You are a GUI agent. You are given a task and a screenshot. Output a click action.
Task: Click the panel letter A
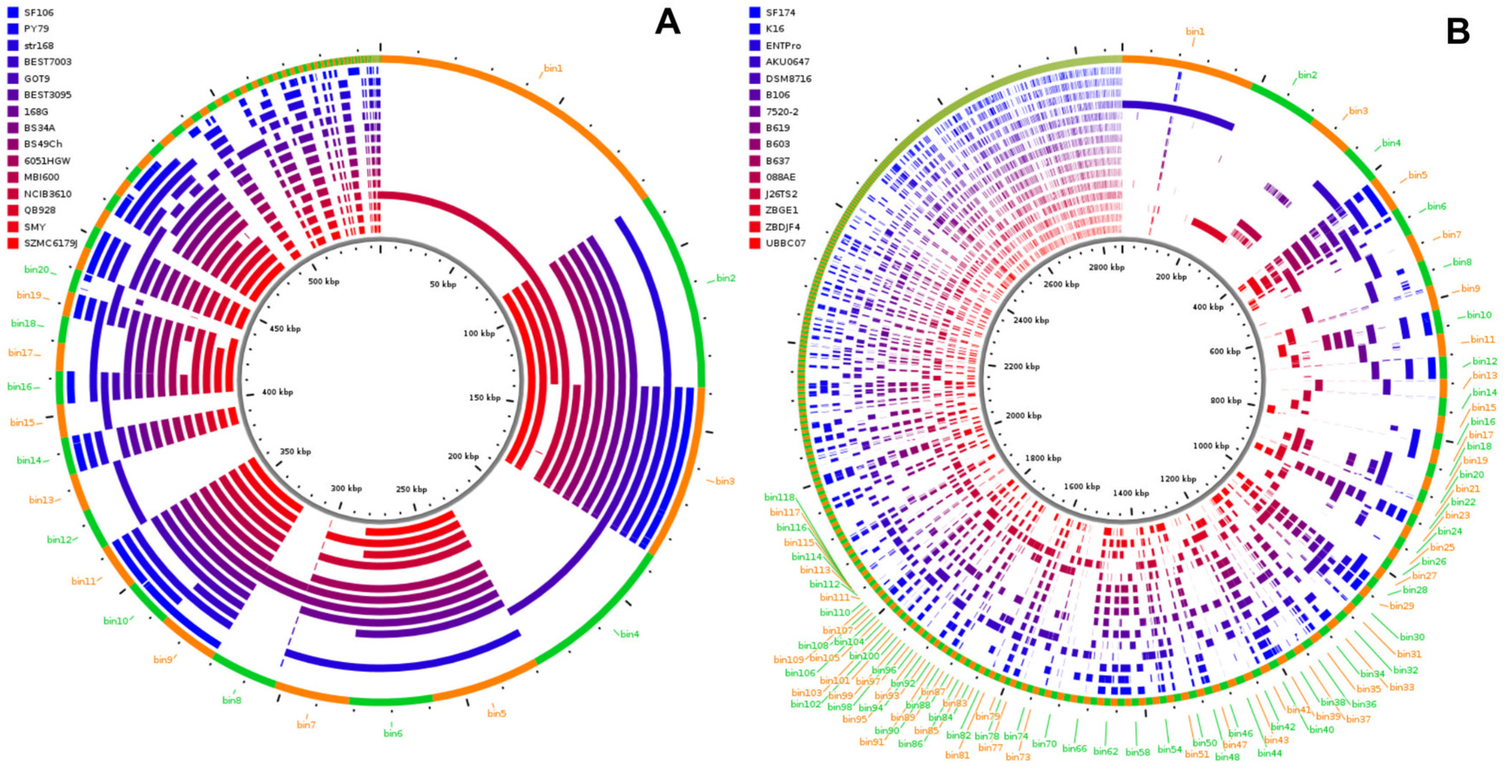(x=667, y=24)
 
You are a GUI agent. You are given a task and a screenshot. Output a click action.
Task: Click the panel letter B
(x=1458, y=30)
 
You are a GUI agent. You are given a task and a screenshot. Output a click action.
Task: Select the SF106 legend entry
(x=39, y=12)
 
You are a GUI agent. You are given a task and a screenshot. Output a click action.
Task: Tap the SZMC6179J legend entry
(x=50, y=243)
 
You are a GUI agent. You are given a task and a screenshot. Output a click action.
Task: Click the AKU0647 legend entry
(x=788, y=61)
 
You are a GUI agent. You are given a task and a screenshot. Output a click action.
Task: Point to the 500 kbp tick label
(x=323, y=281)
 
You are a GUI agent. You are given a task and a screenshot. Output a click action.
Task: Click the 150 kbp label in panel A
(x=485, y=397)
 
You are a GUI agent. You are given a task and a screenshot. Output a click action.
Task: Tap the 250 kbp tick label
(x=411, y=489)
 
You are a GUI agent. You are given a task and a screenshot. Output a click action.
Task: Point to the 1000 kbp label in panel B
(x=1211, y=445)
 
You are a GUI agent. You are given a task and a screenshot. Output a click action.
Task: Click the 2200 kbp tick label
(x=1021, y=367)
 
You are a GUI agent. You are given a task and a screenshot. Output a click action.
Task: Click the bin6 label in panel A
(x=393, y=733)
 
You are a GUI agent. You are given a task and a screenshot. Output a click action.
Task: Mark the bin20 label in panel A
(x=36, y=269)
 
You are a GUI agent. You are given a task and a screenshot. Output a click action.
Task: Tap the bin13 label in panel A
(x=41, y=500)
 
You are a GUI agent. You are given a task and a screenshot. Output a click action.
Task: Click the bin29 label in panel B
(x=1402, y=606)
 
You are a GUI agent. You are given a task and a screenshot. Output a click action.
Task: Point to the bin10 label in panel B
(x=1479, y=315)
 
